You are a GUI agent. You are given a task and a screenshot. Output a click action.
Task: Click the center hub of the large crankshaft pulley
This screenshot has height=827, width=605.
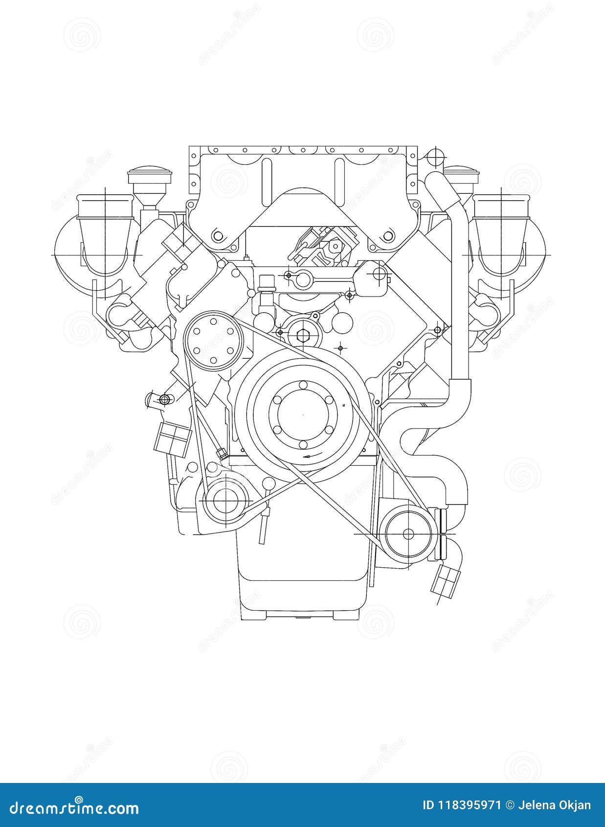click(303, 414)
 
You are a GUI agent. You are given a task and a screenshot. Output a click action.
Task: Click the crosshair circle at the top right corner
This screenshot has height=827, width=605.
click(434, 156)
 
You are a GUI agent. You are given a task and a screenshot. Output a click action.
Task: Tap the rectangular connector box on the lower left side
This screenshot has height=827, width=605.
click(172, 437)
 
